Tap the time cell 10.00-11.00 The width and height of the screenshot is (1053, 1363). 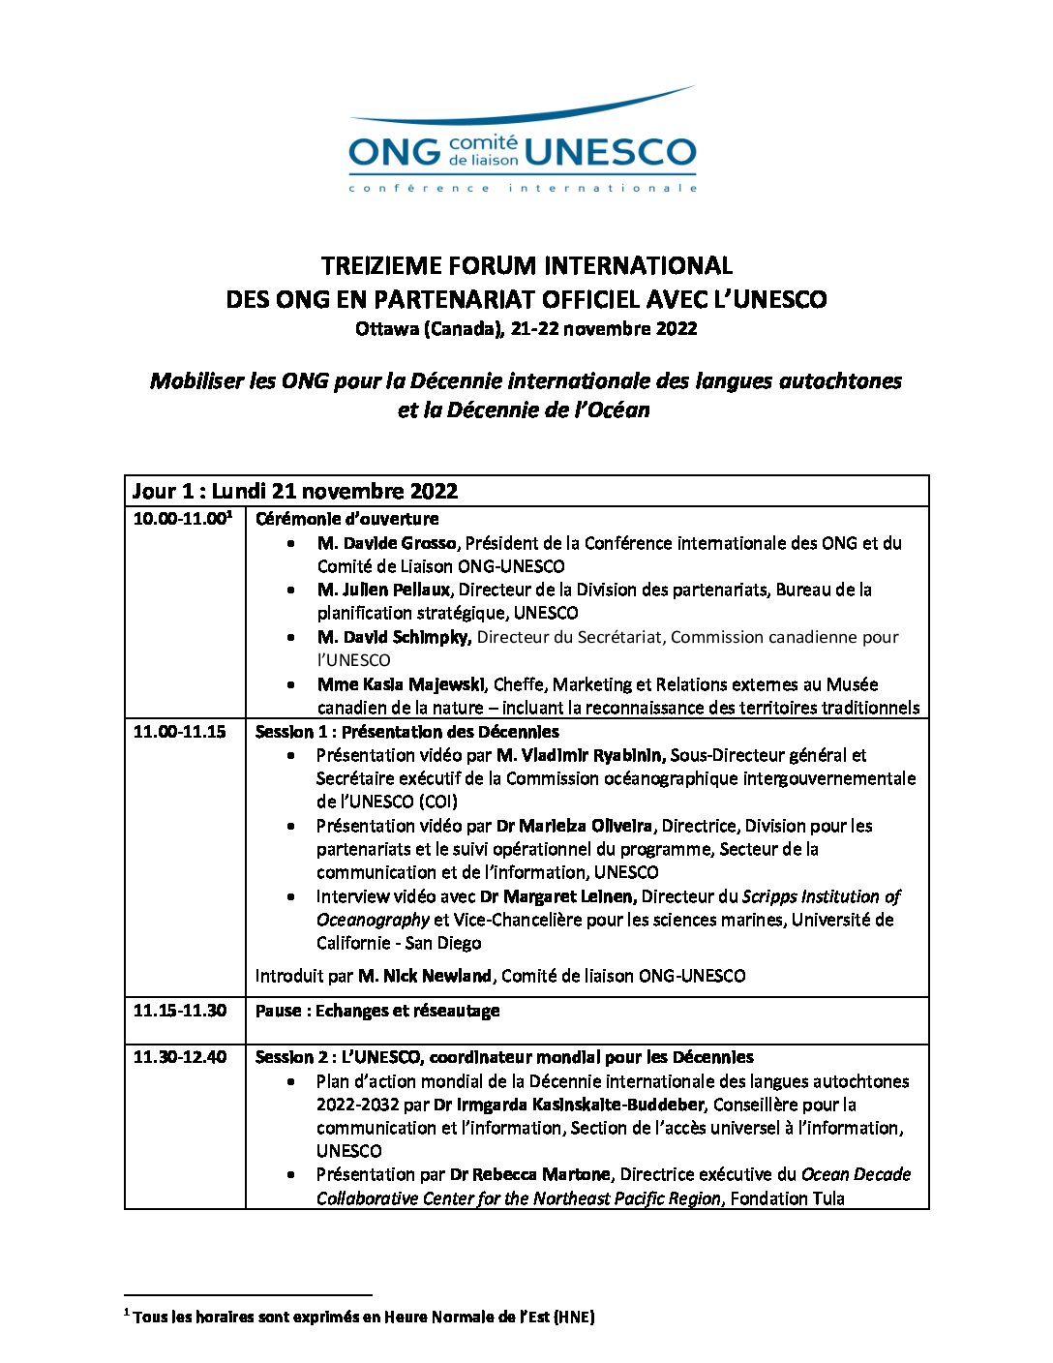(x=181, y=519)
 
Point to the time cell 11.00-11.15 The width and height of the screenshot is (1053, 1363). (x=179, y=732)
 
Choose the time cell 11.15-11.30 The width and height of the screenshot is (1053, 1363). (x=179, y=1011)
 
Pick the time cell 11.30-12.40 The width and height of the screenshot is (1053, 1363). (x=179, y=1057)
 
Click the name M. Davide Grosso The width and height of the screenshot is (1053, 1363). (x=385, y=543)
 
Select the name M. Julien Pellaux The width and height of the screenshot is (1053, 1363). (x=383, y=590)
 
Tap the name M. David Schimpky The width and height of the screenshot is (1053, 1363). (x=393, y=637)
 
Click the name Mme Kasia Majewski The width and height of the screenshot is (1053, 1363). (x=403, y=684)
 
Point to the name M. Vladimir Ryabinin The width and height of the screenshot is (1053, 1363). (x=580, y=755)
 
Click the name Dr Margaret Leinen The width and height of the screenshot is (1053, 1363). (x=557, y=896)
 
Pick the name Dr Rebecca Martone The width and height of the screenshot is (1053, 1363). (x=529, y=1174)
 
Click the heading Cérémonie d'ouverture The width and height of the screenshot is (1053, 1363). (x=346, y=519)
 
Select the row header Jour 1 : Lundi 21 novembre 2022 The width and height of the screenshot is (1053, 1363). (x=295, y=491)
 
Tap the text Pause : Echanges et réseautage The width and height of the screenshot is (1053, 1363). (x=377, y=1011)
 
